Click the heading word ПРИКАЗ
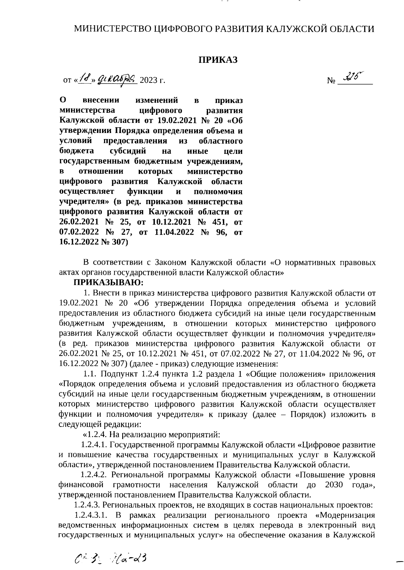[217, 60]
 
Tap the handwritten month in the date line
[116, 79]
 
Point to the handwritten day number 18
[82, 79]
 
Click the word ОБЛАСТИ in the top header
[352, 29]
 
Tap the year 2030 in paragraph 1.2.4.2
[334, 485]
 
